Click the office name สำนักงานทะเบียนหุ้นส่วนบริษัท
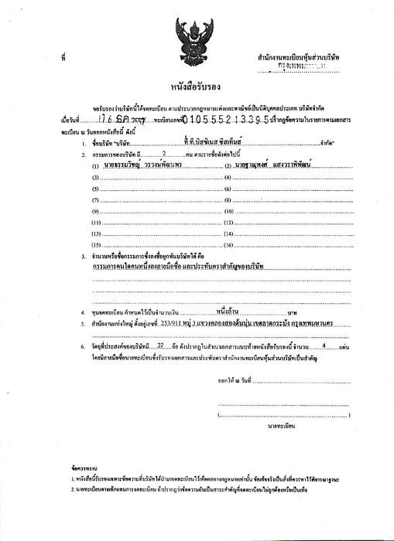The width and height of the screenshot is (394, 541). pos(303,59)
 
